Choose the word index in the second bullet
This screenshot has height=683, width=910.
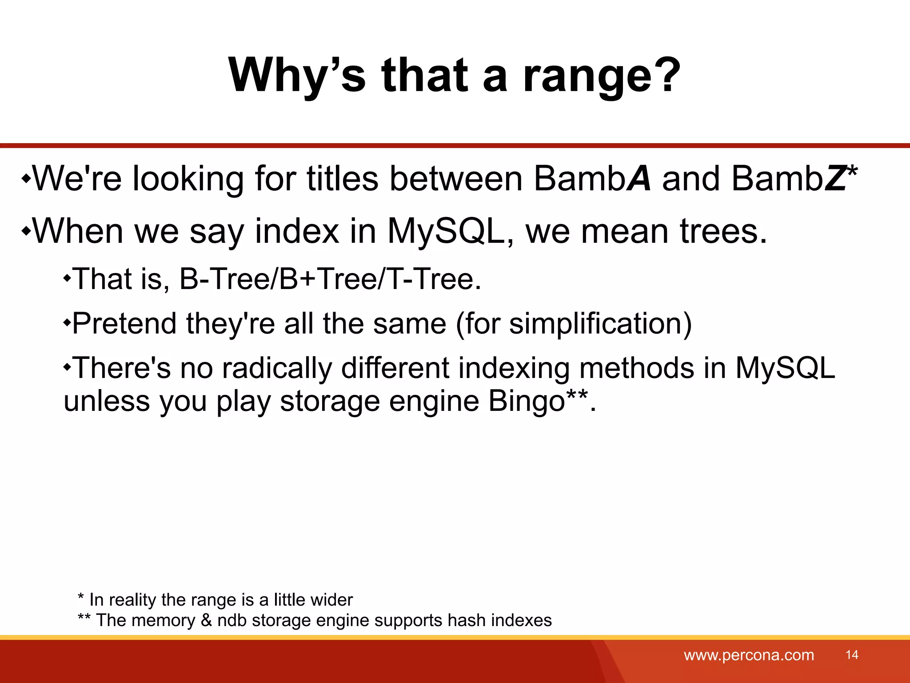(x=296, y=231)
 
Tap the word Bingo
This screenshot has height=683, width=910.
(x=527, y=401)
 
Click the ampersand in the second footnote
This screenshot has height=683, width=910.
(x=206, y=620)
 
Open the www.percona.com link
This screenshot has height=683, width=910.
(x=749, y=655)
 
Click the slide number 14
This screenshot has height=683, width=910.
(x=852, y=655)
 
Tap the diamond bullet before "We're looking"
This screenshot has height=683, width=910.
(x=26, y=180)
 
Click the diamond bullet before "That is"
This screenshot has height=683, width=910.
(x=67, y=279)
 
